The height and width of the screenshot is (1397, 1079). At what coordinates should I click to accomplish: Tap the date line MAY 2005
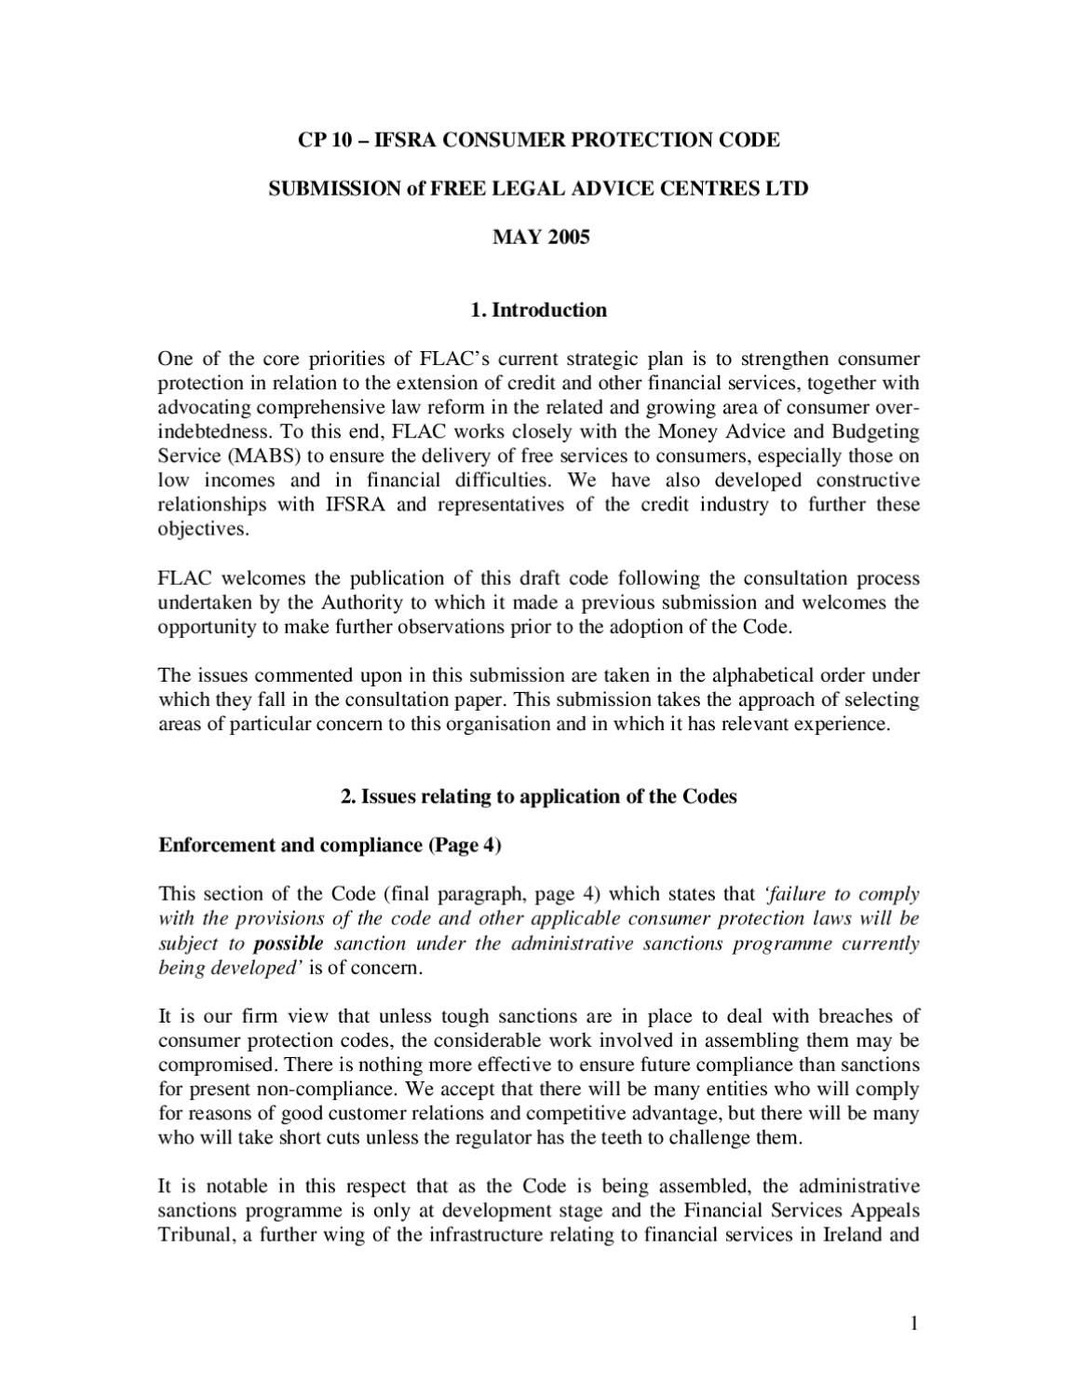click(540, 237)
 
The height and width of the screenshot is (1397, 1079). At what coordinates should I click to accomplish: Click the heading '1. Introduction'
click(539, 310)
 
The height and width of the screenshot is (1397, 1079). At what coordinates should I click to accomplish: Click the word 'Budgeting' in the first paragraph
click(876, 432)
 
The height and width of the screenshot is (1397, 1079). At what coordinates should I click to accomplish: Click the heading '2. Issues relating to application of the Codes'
click(539, 796)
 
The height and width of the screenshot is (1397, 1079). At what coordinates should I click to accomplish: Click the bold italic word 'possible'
click(289, 943)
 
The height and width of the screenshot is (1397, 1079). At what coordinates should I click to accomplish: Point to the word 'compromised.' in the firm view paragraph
click(217, 1064)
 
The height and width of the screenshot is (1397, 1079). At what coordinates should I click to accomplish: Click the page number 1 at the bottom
click(914, 1322)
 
